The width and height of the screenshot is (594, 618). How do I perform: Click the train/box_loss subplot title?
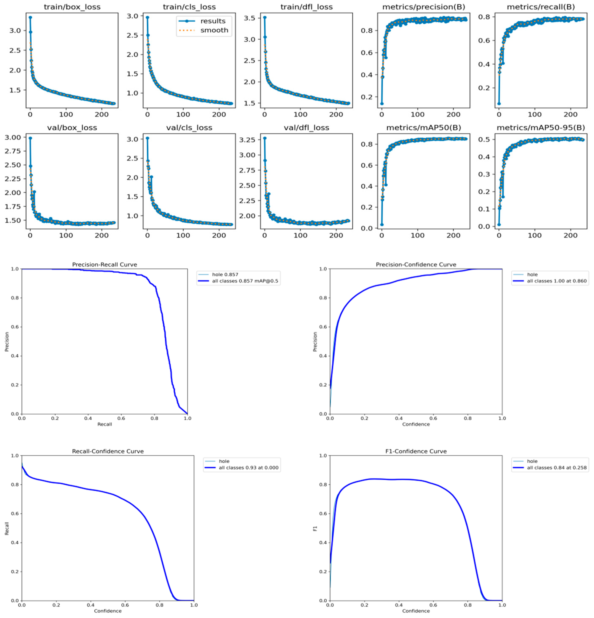click(72, 7)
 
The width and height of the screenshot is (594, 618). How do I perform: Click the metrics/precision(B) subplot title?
click(423, 7)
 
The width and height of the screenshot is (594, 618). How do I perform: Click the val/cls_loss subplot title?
click(189, 128)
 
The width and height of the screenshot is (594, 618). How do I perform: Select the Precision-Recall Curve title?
click(104, 265)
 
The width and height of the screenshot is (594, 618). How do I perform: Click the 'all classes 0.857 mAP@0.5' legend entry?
click(245, 281)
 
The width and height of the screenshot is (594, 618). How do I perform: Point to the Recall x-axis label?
click(104, 424)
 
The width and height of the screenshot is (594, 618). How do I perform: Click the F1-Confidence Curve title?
click(416, 451)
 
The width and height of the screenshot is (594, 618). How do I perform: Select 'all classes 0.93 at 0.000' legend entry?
click(248, 468)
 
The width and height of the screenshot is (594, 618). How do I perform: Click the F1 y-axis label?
click(315, 528)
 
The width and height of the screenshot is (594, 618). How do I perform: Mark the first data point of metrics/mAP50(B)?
click(382, 224)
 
